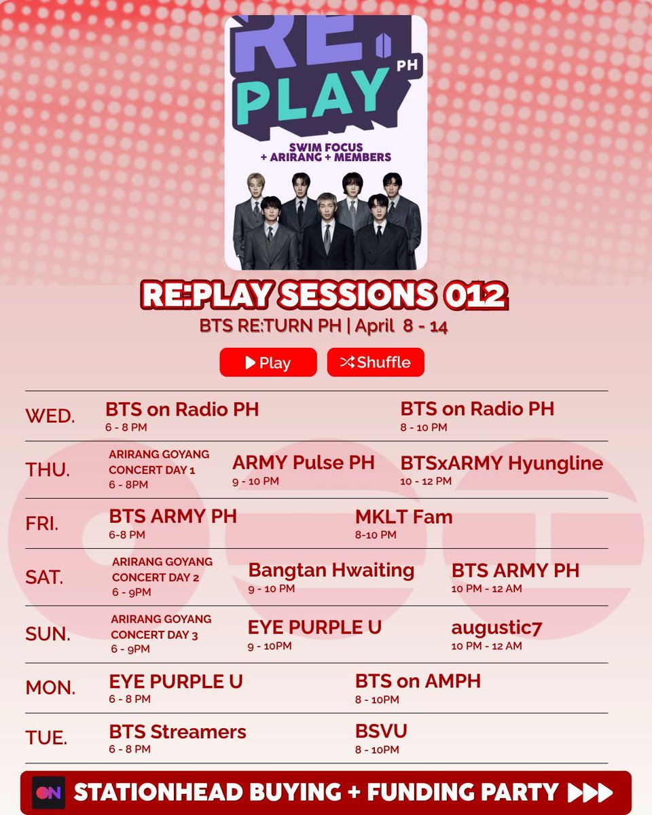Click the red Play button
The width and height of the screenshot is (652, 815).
268,362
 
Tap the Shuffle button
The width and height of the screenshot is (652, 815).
376,362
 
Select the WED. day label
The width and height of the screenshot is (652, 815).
50,416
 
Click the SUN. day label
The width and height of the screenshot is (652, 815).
48,634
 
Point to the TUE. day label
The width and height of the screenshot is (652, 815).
46,737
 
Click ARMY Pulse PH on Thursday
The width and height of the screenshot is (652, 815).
303,463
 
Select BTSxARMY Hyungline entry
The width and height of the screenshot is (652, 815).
501,463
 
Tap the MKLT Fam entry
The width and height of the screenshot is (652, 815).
403,517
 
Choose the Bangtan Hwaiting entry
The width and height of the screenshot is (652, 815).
331,570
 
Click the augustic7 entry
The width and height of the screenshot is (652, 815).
496,628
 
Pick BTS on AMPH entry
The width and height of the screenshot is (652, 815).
418,681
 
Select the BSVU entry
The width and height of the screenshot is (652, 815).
381,731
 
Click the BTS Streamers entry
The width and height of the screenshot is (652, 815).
177,731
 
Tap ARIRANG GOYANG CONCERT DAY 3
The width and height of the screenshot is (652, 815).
161,627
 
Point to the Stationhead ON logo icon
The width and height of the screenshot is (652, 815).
48,793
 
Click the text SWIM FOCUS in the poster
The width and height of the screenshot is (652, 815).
325,147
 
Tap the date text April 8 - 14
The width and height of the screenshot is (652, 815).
406,326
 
